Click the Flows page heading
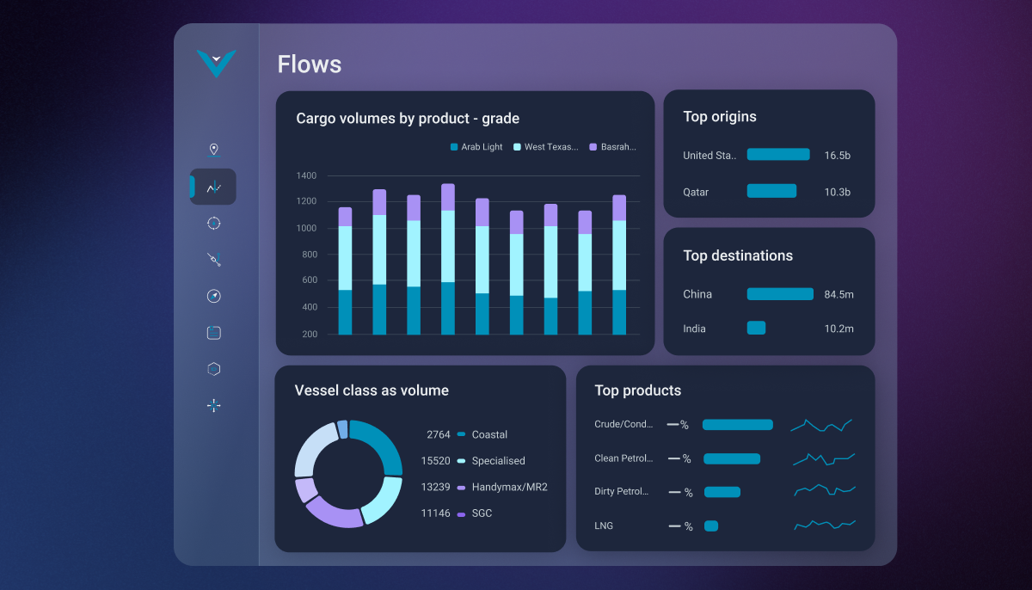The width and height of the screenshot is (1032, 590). [309, 65]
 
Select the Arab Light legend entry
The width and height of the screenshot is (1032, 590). [476, 147]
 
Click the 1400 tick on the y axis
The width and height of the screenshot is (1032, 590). [306, 175]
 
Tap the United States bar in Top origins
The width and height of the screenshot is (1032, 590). [778, 155]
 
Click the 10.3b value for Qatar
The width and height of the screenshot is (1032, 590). [837, 192]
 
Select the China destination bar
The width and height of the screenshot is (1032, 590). [780, 294]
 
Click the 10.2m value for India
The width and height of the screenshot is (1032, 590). [838, 329]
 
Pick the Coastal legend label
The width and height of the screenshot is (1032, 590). [489, 434]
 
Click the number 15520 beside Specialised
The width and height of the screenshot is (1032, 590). [435, 461]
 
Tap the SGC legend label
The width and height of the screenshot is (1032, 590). [482, 513]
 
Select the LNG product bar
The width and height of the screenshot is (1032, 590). [710, 525]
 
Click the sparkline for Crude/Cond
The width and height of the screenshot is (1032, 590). [821, 425]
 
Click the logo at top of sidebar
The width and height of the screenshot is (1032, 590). [216, 63]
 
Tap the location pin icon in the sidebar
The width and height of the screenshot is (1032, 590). [213, 150]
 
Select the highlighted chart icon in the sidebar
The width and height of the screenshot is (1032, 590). [213, 187]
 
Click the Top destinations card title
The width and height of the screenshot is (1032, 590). [738, 255]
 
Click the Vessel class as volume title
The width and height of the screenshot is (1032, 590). [372, 390]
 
